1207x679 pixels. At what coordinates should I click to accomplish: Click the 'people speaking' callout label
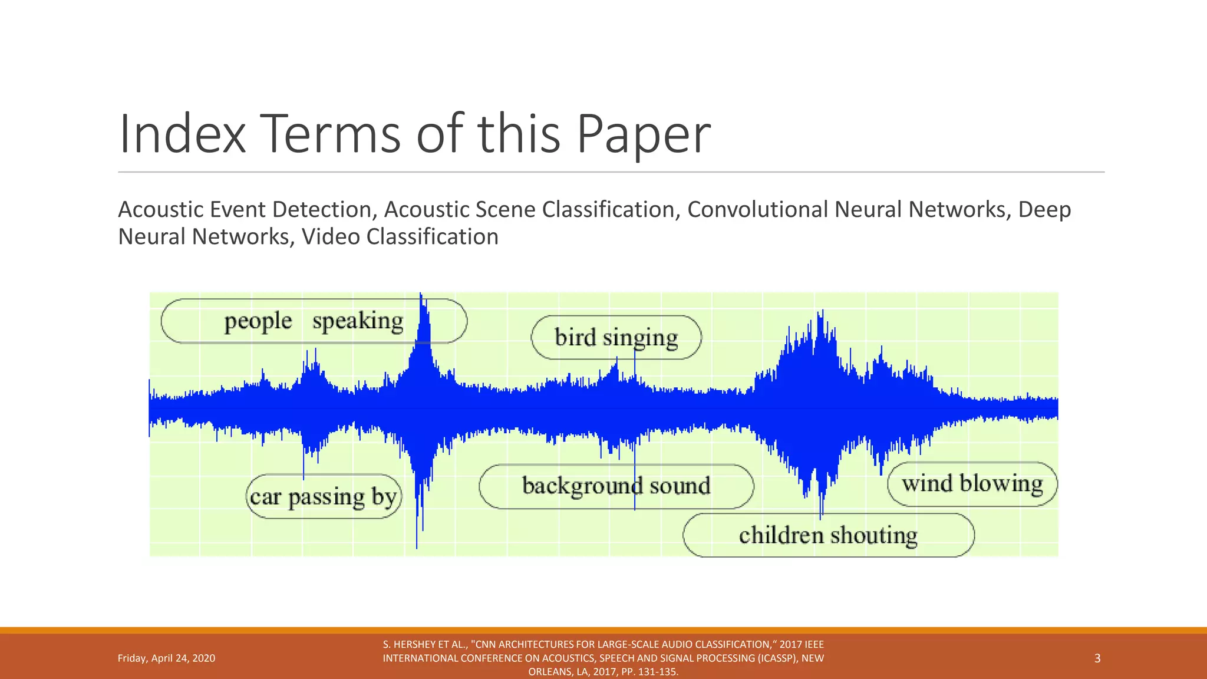coord(314,321)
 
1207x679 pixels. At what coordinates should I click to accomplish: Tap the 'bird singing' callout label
coord(616,338)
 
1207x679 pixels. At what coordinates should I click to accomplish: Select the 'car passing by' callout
coord(323,497)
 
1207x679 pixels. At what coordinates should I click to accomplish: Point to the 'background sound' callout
coord(616,486)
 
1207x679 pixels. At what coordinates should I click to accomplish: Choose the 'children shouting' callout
coord(828,535)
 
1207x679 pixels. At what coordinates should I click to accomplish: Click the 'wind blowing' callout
coord(972,484)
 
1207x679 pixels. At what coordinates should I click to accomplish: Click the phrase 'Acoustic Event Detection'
coord(244,210)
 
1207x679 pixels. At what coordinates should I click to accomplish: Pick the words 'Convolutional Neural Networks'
coord(846,210)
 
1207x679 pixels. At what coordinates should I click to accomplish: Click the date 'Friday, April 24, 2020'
coord(166,658)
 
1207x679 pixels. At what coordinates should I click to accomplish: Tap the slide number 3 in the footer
coord(1097,658)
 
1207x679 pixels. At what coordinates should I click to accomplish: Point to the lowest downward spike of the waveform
coord(417,546)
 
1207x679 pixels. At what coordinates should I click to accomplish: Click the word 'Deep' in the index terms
coord(1044,210)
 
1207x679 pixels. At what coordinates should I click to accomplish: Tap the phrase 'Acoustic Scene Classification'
coord(529,210)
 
